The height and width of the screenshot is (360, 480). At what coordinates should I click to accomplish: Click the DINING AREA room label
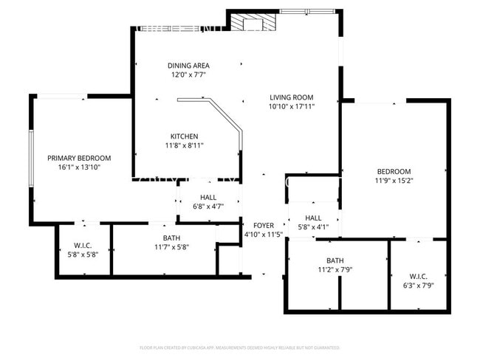[189, 66]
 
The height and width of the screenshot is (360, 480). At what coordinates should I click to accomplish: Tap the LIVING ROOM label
[291, 97]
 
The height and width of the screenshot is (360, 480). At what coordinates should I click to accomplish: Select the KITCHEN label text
[184, 136]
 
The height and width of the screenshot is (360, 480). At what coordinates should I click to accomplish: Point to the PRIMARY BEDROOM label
[79, 158]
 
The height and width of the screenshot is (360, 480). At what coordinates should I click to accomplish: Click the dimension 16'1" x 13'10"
[79, 167]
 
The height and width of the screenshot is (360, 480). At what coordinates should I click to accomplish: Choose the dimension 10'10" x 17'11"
[291, 107]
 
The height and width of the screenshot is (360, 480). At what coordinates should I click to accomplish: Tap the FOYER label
[264, 225]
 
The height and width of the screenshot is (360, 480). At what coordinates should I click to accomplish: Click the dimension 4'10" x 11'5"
[264, 235]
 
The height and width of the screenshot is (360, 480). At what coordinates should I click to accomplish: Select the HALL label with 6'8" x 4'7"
[208, 198]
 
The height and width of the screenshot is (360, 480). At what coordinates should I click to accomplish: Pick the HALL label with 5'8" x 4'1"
[313, 218]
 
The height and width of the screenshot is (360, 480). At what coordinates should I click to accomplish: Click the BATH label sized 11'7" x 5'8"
[171, 238]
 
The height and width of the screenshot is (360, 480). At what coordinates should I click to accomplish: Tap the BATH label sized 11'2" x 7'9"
[335, 260]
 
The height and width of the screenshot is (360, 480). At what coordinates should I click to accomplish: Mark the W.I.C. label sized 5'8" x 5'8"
[83, 245]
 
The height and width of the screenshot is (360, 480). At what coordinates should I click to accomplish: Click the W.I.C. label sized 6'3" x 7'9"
[418, 276]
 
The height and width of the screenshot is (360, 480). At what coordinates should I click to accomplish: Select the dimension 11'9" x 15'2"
[393, 181]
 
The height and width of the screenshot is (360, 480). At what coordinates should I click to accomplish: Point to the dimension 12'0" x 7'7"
[189, 75]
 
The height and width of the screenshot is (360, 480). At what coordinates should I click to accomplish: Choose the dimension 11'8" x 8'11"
[184, 145]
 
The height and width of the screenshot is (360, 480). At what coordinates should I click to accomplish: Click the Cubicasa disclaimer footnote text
[240, 347]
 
